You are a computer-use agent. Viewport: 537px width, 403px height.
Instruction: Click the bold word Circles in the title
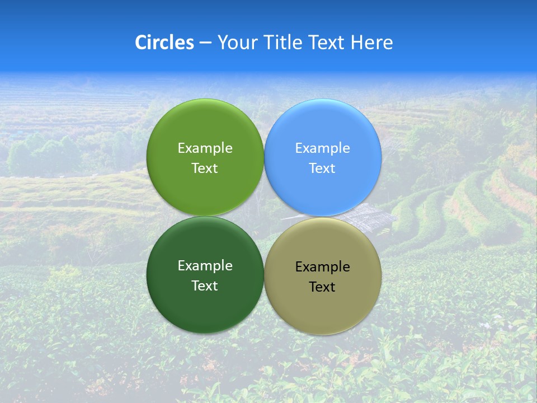tap(164, 42)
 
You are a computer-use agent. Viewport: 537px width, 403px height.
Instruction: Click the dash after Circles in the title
tap(205, 43)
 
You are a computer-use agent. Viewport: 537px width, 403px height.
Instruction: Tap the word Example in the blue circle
tap(322, 148)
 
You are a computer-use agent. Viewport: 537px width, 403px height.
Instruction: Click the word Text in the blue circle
tap(322, 168)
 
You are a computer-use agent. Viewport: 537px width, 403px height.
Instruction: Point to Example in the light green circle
tap(205, 148)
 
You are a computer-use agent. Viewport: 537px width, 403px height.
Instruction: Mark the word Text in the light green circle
tap(205, 168)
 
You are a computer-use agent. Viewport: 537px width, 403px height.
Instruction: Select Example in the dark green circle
tap(205, 265)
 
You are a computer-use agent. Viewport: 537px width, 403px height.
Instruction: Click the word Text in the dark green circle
tap(205, 285)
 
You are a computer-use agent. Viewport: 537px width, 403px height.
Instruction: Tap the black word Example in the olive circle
tap(322, 266)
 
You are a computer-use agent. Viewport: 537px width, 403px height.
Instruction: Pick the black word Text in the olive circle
tap(322, 287)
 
